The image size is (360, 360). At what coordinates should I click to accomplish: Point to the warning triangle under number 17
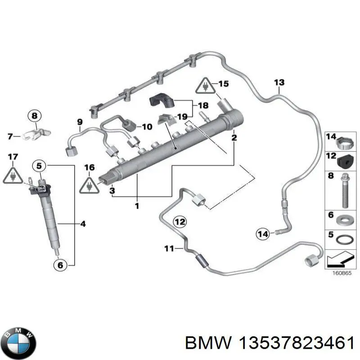tap(12, 176)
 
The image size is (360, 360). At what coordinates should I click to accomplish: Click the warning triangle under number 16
tap(90, 184)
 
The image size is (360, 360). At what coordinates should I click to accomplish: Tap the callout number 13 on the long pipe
tap(279, 82)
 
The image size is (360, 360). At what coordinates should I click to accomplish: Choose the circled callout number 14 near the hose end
tap(263, 233)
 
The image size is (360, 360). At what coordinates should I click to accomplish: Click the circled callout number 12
tap(180, 221)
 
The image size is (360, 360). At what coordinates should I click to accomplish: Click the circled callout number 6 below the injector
tap(59, 265)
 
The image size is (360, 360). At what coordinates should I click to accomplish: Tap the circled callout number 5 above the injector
tap(39, 166)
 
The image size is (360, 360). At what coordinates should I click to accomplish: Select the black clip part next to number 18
tap(161, 102)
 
